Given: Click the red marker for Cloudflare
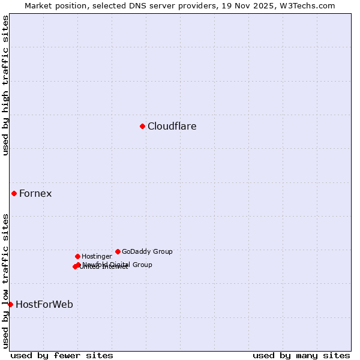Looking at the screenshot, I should point(142,126).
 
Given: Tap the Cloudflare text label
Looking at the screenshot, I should point(172,126).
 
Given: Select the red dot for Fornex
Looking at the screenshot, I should point(14,193).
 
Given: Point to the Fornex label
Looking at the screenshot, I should point(35,193).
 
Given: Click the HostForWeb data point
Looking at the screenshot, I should point(10,304).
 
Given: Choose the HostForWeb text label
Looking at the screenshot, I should point(44,304).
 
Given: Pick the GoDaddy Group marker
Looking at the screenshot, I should point(118,251).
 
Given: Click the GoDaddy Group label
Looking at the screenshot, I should point(147,251).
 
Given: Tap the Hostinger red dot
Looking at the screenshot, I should point(77,256).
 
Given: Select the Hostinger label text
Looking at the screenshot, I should point(97,256).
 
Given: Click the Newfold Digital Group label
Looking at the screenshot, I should point(118,264).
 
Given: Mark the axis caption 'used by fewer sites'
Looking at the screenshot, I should point(62,356).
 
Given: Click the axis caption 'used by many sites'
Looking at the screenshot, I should point(301,356).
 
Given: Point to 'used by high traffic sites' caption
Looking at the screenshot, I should point(5,85).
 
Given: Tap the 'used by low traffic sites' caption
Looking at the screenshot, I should point(5,281).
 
